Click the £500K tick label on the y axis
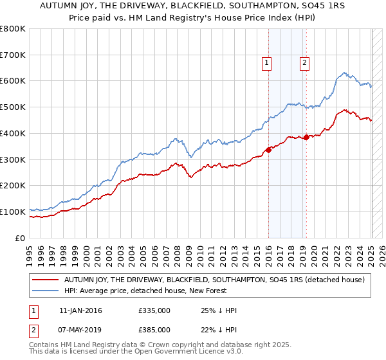point(13,107)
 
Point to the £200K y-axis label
point(13,185)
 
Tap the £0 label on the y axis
point(20,238)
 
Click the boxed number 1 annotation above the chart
point(266,62)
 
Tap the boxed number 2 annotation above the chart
point(304,62)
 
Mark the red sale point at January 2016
point(268,150)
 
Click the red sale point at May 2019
point(306,137)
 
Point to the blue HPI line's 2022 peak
point(345,73)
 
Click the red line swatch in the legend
point(46,280)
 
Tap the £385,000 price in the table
point(154,329)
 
